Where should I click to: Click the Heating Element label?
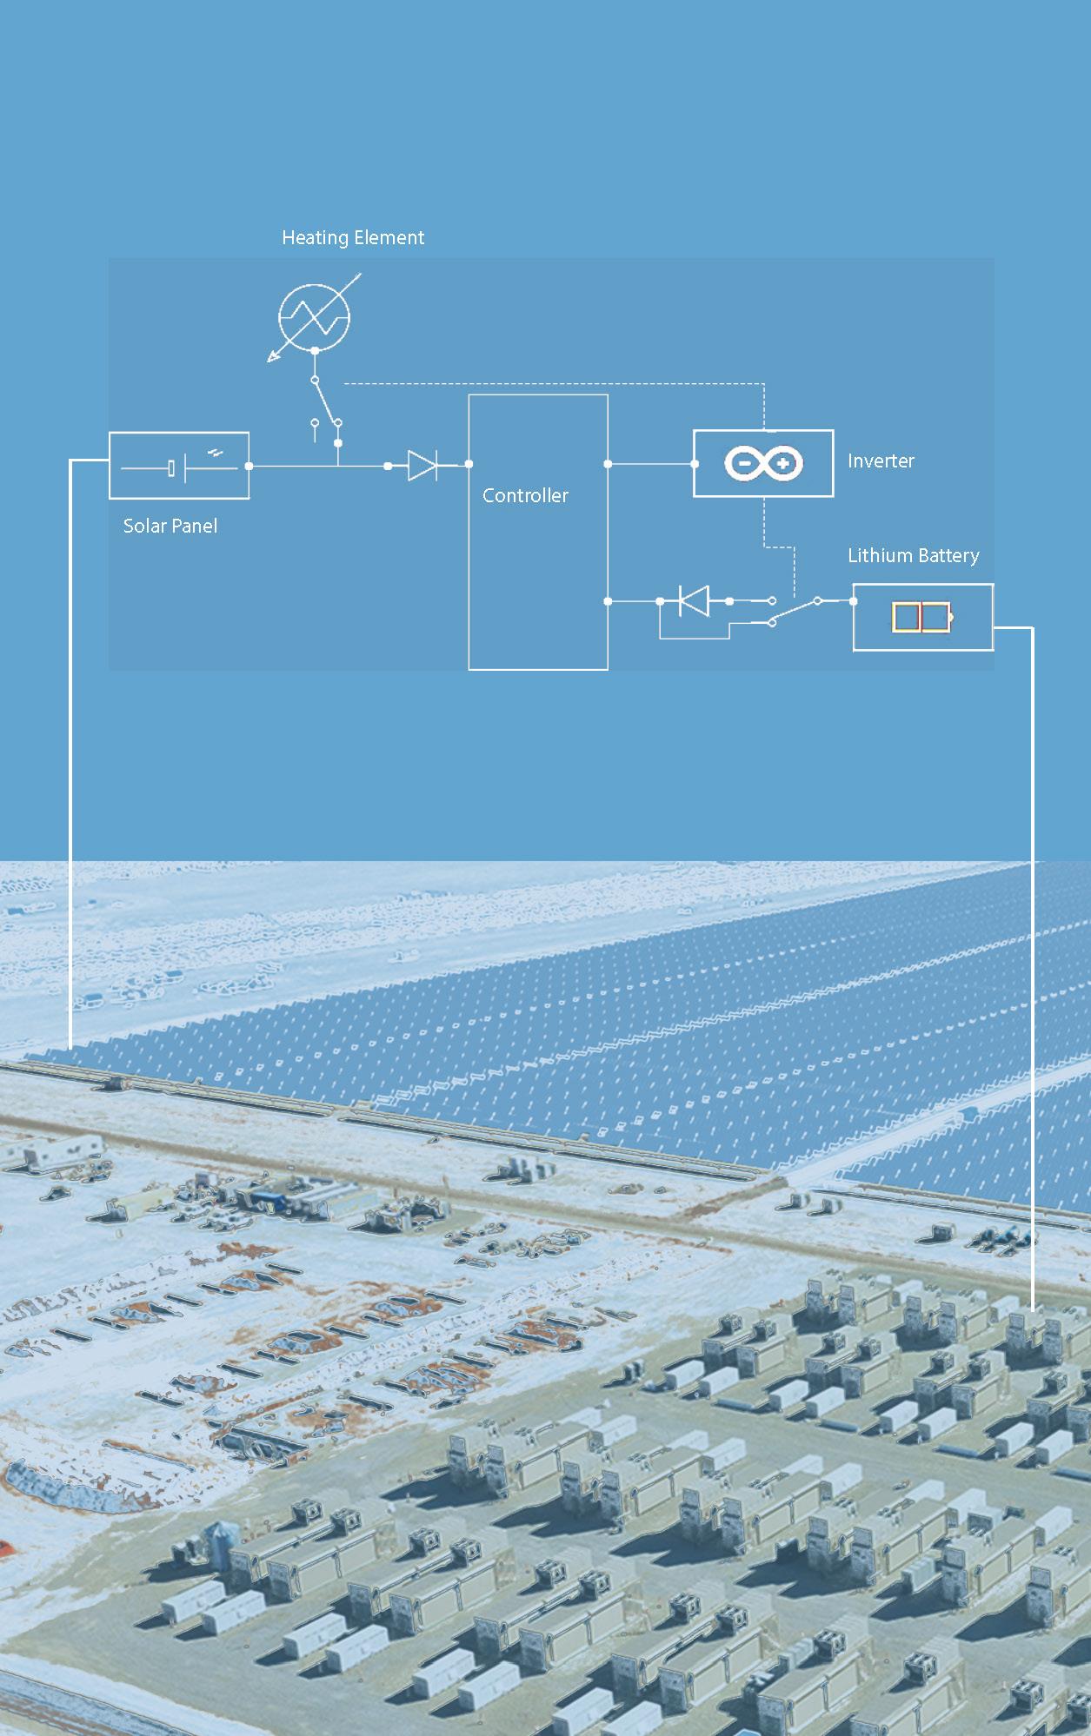pyautogui.click(x=353, y=238)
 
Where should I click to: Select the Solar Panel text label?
pyautogui.click(x=170, y=526)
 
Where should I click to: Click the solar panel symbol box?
pyautogui.click(x=179, y=466)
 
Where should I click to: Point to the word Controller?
pyautogui.click(x=525, y=495)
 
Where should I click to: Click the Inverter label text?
pyautogui.click(x=881, y=461)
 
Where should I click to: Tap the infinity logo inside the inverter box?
pyautogui.click(x=763, y=464)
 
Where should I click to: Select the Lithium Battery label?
pyautogui.click(x=913, y=555)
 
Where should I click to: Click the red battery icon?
pyautogui.click(x=921, y=618)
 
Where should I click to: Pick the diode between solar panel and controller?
pyautogui.click(x=422, y=466)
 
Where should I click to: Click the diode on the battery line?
pyautogui.click(x=694, y=600)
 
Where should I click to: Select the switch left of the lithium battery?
pyautogui.click(x=794, y=610)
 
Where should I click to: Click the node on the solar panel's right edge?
pyautogui.click(x=249, y=467)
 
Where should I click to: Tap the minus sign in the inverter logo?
pyautogui.click(x=744, y=464)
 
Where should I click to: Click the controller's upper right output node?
pyautogui.click(x=608, y=464)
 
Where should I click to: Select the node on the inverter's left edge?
pyautogui.click(x=694, y=464)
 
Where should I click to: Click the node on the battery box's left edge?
pyautogui.click(x=853, y=600)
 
